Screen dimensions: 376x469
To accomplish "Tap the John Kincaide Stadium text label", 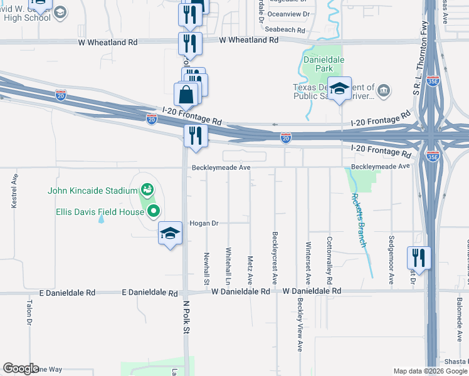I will click(93, 191).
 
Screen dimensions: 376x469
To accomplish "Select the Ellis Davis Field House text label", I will click(100, 212).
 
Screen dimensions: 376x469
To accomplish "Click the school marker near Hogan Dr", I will click(169, 234).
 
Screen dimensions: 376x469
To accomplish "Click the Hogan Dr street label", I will click(203, 223).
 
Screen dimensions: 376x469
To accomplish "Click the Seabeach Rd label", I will click(285, 29).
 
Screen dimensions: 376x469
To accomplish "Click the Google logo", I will click(21, 368).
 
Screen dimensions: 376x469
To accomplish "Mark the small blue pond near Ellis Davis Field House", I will click(101, 219).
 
